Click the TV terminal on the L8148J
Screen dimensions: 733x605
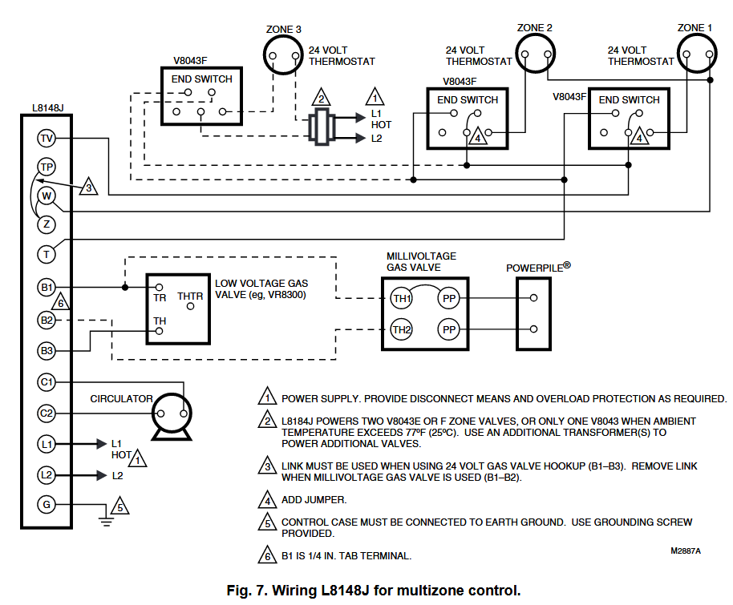click(47, 139)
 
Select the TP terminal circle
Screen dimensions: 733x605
click(47, 167)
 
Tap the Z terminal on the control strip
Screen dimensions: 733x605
click(47, 224)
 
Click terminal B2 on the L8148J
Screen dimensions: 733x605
click(47, 320)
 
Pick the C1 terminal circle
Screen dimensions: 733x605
click(47, 382)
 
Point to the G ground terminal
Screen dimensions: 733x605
click(47, 505)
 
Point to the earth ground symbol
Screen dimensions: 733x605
click(107, 520)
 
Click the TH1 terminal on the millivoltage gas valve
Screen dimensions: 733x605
click(402, 298)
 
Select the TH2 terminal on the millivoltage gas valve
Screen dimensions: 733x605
click(402, 330)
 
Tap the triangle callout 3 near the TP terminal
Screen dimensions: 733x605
click(88, 187)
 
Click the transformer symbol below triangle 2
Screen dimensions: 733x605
click(321, 127)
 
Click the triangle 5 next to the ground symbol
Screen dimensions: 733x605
click(120, 506)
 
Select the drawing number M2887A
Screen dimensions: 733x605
click(686, 551)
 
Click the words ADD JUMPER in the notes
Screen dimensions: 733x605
click(314, 500)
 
